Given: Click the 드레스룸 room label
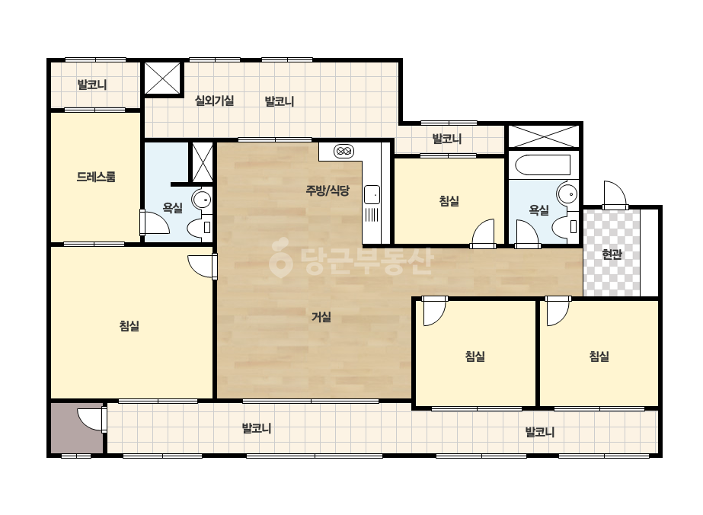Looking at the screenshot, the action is coord(96,177).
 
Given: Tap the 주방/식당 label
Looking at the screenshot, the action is coord(328,190).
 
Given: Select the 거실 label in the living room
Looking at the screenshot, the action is coord(321,317).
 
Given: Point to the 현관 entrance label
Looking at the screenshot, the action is coord(612,254).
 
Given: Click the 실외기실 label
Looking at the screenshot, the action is coord(214,101).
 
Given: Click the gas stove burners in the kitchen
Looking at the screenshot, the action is coord(344,151).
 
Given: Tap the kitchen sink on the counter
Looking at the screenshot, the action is coord(372,195).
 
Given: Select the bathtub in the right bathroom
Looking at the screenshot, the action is coord(542,165).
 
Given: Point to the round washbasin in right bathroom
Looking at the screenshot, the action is coord(567,194).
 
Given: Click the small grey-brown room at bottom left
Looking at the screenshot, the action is coord(77,428).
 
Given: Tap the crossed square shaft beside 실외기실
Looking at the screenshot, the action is coord(163,78).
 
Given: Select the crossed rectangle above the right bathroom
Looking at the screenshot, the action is coord(544,136).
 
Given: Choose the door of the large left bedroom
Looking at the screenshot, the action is coord(202,267).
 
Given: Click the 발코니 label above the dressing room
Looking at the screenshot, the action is coord(92,85).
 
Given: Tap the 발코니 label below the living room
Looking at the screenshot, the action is coord(257,428).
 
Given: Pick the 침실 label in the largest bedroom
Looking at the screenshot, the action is coord(129,326).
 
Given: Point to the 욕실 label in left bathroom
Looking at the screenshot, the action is coord(173,208).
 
